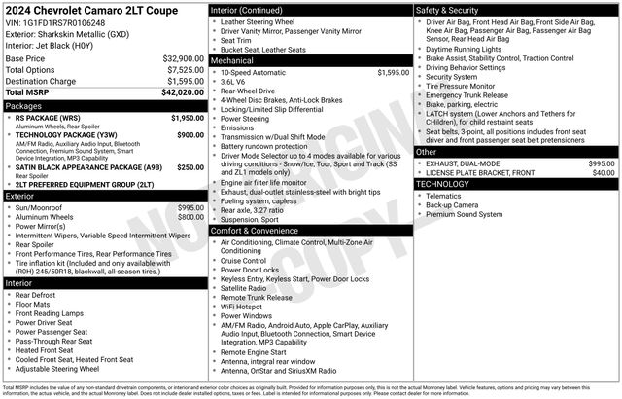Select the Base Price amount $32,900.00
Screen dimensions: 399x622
[x=183, y=58]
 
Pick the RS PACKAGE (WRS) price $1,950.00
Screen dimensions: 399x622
[x=188, y=118]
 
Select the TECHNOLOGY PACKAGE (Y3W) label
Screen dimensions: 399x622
[x=67, y=135]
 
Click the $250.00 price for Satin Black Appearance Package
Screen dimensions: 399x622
[x=190, y=166]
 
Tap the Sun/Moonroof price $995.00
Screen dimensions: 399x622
[x=190, y=207]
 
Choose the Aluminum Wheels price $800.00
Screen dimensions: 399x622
[x=190, y=217]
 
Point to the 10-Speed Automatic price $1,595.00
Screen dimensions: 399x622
[x=393, y=72]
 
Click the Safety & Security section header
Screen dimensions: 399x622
[x=448, y=9]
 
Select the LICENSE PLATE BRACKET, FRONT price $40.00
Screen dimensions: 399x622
[x=604, y=173]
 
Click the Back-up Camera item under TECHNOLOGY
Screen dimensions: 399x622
[x=452, y=205]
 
